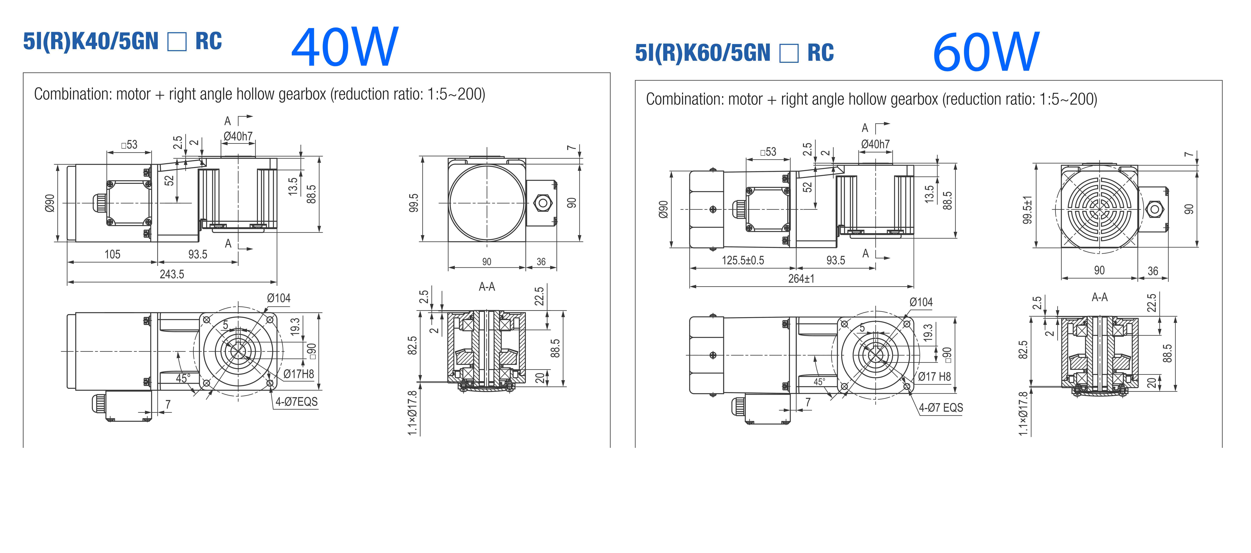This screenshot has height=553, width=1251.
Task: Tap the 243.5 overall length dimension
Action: click(x=172, y=274)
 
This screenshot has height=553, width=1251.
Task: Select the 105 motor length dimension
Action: click(x=112, y=254)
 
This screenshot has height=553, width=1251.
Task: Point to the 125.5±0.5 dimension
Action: click(x=743, y=260)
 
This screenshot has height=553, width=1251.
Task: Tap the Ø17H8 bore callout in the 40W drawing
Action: click(x=299, y=374)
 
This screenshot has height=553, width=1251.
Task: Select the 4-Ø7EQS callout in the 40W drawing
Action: click(x=296, y=402)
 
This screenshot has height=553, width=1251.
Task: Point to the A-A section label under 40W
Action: click(x=487, y=287)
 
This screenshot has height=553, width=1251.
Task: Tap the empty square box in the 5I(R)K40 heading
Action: click(x=177, y=42)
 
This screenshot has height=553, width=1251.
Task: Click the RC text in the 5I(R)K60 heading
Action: click(x=820, y=53)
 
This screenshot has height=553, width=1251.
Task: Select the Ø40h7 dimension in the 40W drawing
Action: click(x=238, y=136)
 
